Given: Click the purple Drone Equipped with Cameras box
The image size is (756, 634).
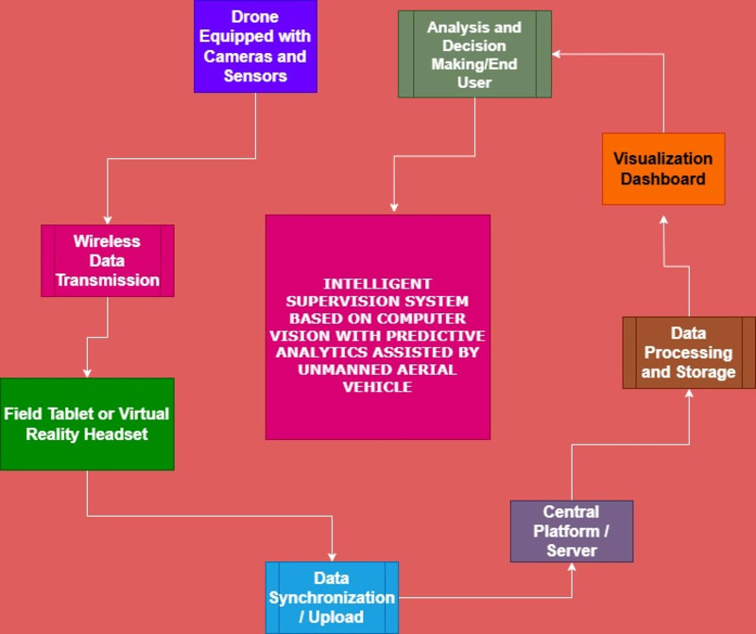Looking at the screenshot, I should click(255, 46).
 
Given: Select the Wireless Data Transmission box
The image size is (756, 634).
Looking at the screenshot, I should click(108, 260).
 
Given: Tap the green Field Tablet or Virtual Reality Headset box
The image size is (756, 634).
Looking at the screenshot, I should click(87, 424).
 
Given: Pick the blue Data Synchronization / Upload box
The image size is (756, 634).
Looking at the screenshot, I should click(332, 597).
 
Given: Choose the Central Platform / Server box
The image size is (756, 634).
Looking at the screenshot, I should click(572, 531).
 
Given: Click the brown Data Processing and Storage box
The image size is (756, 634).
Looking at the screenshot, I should click(689, 353).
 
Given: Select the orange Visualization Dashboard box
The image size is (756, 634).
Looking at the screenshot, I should click(663, 168).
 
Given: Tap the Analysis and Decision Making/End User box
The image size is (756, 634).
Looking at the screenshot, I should click(474, 54).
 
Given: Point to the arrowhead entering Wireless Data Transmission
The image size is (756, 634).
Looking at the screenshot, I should click(108, 220).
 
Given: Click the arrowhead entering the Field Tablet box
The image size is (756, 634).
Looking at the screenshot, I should click(87, 373).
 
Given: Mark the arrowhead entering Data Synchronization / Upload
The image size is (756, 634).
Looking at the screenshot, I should click(333, 556).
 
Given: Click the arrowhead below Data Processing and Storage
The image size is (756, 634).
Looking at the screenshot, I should click(689, 394).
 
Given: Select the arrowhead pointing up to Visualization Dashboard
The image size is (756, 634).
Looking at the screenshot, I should click(663, 220).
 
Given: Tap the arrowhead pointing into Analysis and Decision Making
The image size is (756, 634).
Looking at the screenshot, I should click(557, 55).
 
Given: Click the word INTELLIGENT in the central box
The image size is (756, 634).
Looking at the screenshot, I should click(377, 283).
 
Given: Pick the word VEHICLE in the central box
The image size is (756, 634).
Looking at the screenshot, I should click(377, 387).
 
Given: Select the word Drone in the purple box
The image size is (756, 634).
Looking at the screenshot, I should click(255, 17).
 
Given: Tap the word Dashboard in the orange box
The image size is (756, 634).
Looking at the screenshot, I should click(663, 179).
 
